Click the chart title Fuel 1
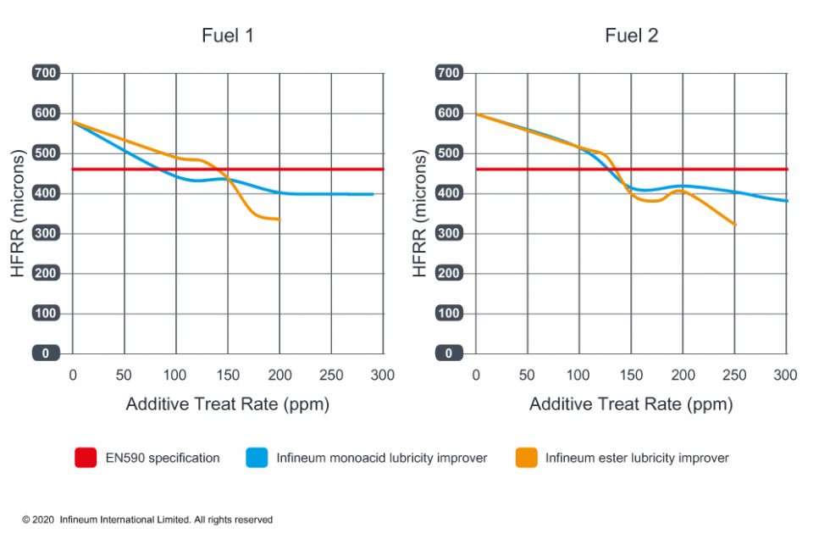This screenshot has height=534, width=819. [x=227, y=36]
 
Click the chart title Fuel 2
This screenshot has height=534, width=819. [x=631, y=36]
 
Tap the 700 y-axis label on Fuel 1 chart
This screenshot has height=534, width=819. [x=45, y=73]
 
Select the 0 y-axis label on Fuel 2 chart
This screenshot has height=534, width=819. [x=449, y=353]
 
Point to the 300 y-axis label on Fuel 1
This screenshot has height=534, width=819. [x=45, y=233]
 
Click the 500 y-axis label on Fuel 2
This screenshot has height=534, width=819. [x=449, y=153]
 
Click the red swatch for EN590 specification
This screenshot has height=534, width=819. [x=86, y=459]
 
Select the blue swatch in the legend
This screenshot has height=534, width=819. [x=257, y=459]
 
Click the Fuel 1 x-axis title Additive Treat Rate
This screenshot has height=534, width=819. [x=227, y=404]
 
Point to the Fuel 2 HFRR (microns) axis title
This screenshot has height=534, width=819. [x=419, y=214]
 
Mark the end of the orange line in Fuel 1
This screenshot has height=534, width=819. [x=279, y=220]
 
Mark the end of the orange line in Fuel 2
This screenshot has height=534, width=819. [x=735, y=225]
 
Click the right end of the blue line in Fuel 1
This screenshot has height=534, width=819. [x=373, y=194]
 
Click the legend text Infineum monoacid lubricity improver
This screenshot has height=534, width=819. [x=381, y=459]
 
